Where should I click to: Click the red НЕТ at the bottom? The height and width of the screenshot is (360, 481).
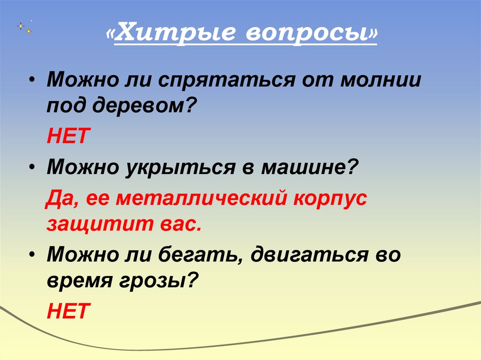68,311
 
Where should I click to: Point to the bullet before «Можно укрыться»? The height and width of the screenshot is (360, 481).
32,167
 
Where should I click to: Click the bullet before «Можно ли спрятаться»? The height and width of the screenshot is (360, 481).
32,80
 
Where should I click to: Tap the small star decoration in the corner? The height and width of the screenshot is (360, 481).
22,26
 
